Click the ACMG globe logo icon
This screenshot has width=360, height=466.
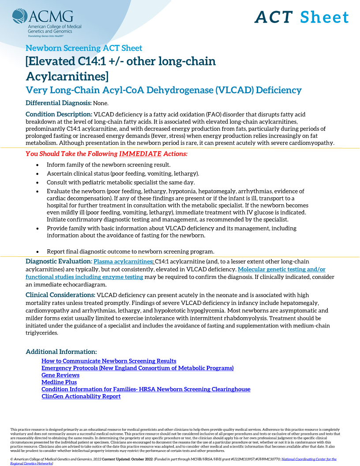tap(20, 17)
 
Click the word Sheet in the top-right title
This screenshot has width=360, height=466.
tap(324, 17)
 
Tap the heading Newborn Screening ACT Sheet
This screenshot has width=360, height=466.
tap(84, 48)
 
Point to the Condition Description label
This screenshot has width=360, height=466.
tap(59, 114)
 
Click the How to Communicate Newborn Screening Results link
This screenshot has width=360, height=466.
tap(109, 361)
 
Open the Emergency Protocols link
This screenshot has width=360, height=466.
tap(137, 368)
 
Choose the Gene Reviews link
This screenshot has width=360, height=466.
tap(60, 375)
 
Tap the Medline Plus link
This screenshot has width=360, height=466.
tap(59, 382)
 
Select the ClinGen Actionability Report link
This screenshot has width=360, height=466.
tap(81, 396)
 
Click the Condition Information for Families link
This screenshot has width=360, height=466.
tap(146, 389)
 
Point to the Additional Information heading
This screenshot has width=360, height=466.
tap(61, 352)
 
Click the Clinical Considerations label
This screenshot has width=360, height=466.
tap(60, 295)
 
